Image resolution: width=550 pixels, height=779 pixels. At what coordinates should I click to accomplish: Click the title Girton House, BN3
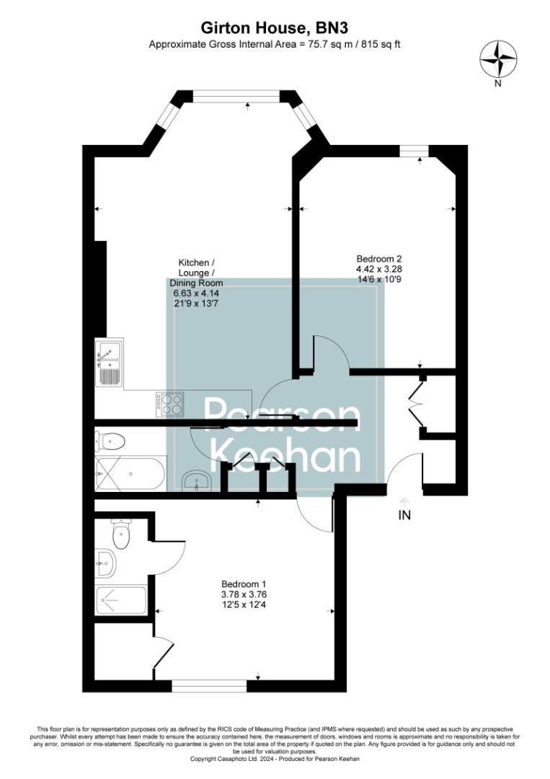(274, 28)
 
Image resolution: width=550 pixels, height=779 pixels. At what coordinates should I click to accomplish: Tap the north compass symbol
(498, 59)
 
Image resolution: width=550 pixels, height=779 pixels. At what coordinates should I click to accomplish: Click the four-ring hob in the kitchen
(170, 404)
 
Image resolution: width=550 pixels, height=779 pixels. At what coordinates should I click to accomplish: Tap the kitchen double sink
(109, 364)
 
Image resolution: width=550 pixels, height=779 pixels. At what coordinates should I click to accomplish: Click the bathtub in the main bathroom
(130, 473)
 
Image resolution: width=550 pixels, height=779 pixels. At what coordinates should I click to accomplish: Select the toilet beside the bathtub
(110, 441)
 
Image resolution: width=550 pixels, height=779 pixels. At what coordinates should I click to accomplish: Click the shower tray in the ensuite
(122, 599)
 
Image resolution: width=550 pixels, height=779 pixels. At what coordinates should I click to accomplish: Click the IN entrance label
(404, 516)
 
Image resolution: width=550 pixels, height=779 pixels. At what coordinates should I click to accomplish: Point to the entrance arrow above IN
(404, 501)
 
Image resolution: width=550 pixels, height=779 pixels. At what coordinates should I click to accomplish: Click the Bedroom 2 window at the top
(413, 151)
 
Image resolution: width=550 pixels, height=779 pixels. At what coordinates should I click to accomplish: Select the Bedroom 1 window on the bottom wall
(208, 686)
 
